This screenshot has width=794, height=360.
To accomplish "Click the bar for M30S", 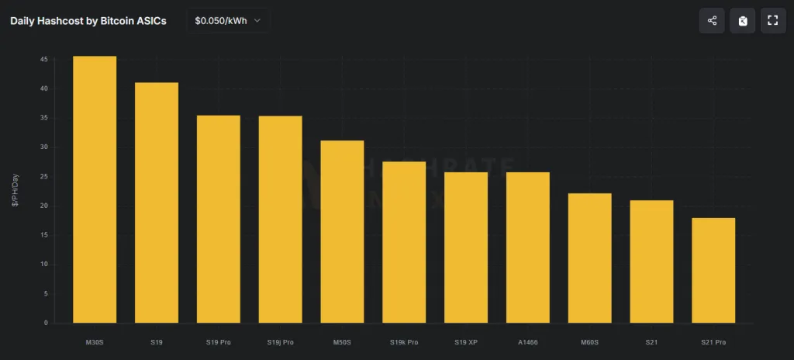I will (95, 189).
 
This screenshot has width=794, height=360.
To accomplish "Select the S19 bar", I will (157, 202).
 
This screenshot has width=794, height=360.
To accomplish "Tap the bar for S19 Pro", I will (218, 219).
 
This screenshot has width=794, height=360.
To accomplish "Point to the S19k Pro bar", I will (404, 242).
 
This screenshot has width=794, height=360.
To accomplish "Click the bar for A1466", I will (528, 247).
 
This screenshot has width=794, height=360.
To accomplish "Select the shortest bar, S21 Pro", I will (713, 270).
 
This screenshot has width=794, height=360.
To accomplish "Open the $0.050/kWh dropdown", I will (228, 21).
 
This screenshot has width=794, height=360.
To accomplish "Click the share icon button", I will (712, 21).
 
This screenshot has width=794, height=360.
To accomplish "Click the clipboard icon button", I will (742, 21).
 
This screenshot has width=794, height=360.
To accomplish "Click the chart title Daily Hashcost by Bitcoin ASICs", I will (88, 21).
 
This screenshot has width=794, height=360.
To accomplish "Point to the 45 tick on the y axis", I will (44, 60).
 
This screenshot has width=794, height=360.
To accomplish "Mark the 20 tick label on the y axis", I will (44, 206).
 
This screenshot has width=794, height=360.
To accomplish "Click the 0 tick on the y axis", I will (46, 323).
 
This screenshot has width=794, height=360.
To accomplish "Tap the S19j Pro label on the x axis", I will (280, 341).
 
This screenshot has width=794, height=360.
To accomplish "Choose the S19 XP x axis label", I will (466, 341).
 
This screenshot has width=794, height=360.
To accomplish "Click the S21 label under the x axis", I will (651, 341).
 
